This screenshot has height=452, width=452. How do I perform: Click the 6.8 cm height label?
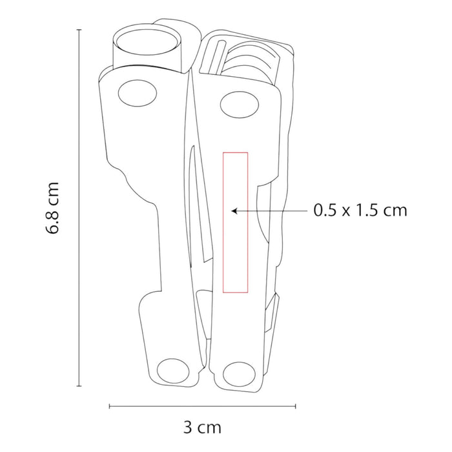pos(52,208)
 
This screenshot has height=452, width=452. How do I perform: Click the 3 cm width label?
pos(202,427)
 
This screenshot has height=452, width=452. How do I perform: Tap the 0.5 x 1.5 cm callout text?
pos(360,210)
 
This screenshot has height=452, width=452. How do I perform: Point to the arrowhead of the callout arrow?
pos(234,211)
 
